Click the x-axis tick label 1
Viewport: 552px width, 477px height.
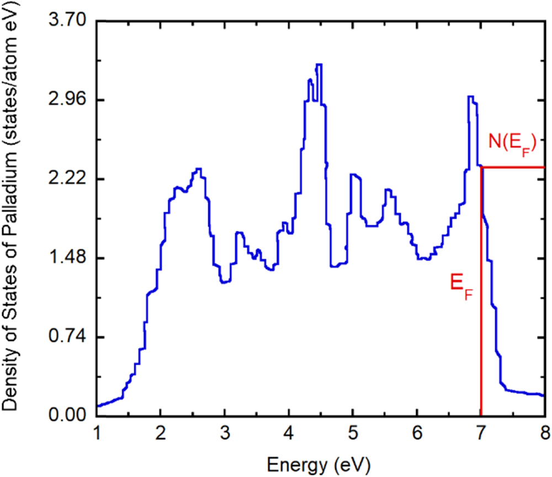pos(97,432)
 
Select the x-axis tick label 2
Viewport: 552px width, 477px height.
pos(161,432)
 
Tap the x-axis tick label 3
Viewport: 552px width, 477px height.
pos(225,432)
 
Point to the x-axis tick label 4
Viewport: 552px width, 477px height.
pos(289,432)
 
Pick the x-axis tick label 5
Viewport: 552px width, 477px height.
pos(353,432)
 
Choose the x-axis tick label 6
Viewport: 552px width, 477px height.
pos(417,432)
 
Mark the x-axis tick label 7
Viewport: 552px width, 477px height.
pos(481,432)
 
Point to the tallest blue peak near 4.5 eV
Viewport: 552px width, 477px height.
pos(319,65)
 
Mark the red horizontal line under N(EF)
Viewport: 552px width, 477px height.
pos(513,167)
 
